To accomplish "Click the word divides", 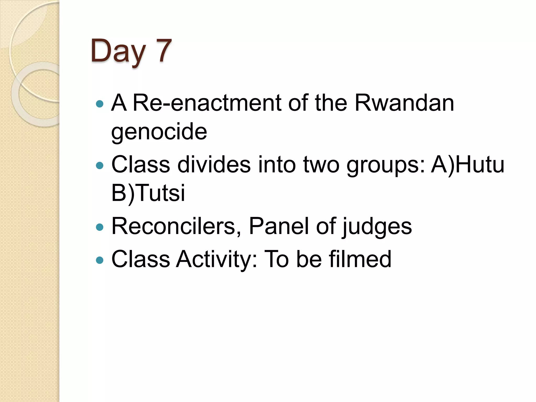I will (214, 165).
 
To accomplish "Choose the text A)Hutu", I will (467, 165).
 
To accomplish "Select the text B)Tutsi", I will (148, 193).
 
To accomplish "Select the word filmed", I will (360, 259).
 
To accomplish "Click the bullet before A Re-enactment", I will (100, 104).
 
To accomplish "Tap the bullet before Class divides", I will (100, 166).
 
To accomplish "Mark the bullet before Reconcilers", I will (100, 227).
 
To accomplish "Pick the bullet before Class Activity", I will (100, 260).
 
